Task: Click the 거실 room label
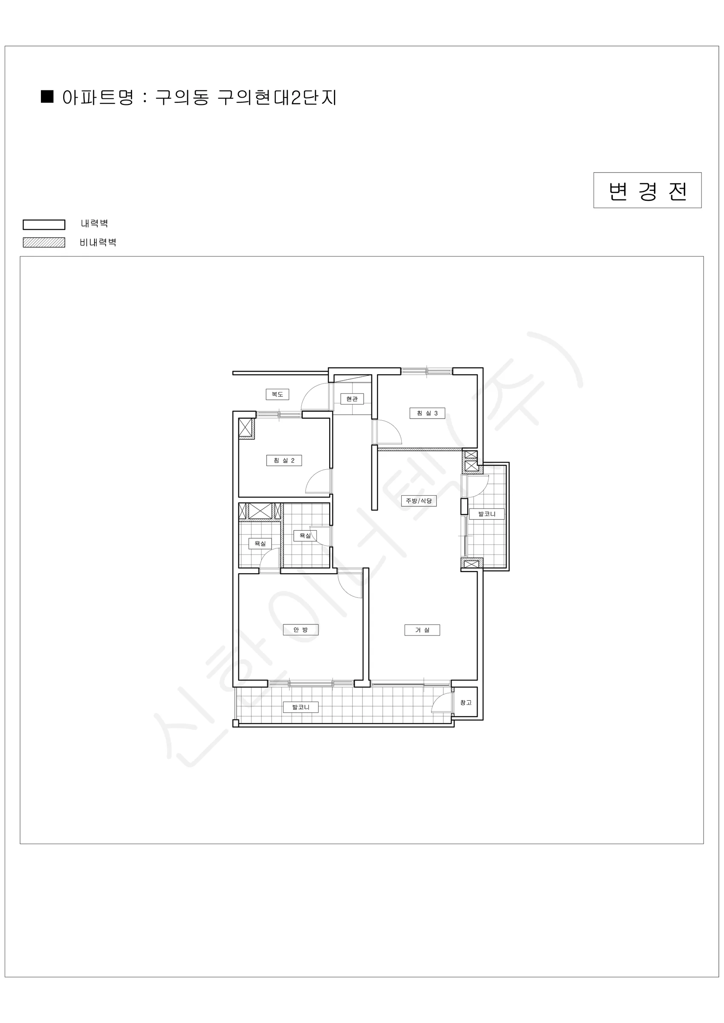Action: coord(422,630)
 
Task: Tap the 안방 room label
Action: coord(301,630)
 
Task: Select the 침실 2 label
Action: coord(284,460)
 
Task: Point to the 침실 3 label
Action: coord(427,413)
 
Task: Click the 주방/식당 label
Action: coord(419,501)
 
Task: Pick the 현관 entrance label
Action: coord(352,399)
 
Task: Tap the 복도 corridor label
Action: coord(277,394)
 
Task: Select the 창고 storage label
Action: coord(466,702)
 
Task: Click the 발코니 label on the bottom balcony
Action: coord(301,707)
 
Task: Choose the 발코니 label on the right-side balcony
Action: coord(487,514)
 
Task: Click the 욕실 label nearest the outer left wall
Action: coord(260,543)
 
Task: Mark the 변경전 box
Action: coord(647,190)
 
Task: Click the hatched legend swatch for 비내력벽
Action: coord(43,243)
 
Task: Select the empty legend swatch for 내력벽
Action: coord(43,225)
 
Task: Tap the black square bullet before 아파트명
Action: coord(47,96)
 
